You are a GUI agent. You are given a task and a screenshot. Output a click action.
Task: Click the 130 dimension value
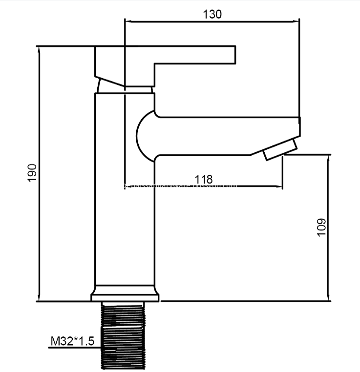pyautogui.click(x=212, y=14)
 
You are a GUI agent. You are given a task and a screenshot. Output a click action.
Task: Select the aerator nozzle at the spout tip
pyautogui.click(x=280, y=149)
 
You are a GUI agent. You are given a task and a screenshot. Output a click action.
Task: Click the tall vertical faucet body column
pyautogui.click(x=125, y=195)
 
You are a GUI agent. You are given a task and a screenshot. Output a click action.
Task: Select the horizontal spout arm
pyautogui.click(x=225, y=136)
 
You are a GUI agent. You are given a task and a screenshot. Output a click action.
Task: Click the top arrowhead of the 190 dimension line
pyautogui.click(x=39, y=49)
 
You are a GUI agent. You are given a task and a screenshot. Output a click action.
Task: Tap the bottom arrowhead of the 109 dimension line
pyautogui.click(x=328, y=297)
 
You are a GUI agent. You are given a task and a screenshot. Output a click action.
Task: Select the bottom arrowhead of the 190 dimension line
pyautogui.click(x=39, y=297)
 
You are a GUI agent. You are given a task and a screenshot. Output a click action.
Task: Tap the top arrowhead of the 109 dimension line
pyautogui.click(x=328, y=158)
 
